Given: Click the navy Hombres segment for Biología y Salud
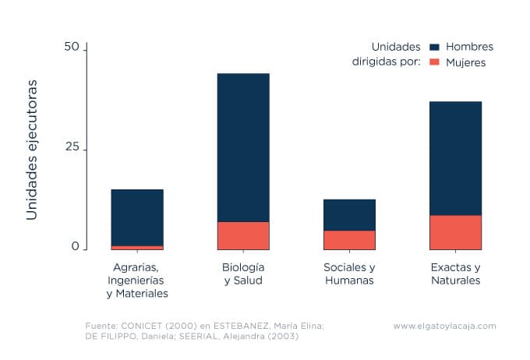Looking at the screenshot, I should click(243, 147).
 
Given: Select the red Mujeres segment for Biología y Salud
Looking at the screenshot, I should click(243, 235).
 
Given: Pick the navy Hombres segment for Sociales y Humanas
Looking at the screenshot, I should click(349, 214).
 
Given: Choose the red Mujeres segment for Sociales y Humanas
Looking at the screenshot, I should click(349, 240).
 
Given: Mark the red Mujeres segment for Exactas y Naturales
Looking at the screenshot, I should click(455, 232).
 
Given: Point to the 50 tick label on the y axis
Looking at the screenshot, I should click(72, 48).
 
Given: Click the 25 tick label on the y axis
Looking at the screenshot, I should click(72, 148).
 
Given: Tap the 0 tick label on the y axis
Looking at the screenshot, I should click(76, 246).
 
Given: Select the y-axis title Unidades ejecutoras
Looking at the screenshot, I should click(32, 148).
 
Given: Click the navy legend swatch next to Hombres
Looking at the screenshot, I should click(435, 47).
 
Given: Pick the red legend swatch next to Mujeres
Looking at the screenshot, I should click(435, 62).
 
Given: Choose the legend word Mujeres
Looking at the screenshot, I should click(465, 62).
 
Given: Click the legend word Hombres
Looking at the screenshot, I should click(469, 47).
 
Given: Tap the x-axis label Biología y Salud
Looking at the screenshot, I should click(243, 274).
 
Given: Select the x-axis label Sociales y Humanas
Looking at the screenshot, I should click(349, 274).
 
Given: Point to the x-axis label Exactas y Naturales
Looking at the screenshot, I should click(455, 274).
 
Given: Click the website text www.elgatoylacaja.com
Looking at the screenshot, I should click(444, 326).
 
